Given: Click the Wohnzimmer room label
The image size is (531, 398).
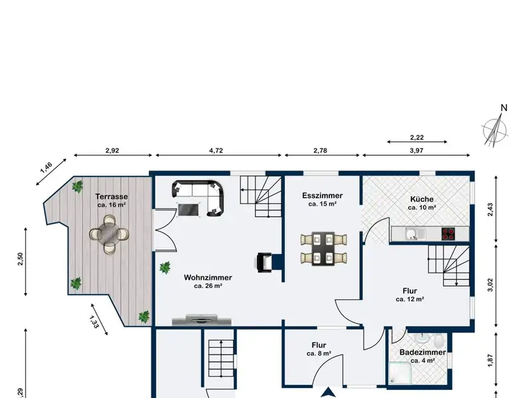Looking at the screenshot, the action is pyautogui.click(x=208, y=277).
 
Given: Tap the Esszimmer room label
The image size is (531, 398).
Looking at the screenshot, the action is pyautogui.click(x=323, y=196).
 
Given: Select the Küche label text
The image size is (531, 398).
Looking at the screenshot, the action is pyautogui.click(x=421, y=199).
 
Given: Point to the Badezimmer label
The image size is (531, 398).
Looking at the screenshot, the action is pyautogui.click(x=423, y=352).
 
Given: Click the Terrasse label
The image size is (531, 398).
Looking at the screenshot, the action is pyautogui.click(x=112, y=196).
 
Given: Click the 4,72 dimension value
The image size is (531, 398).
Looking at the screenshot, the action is pyautogui.click(x=216, y=151).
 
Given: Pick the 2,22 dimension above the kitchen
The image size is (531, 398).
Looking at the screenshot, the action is pyautogui.click(x=417, y=137).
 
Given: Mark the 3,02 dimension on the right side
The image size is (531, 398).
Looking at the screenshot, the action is pyautogui.click(x=491, y=285).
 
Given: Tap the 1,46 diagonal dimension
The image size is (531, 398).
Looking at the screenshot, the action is pyautogui.click(x=46, y=168).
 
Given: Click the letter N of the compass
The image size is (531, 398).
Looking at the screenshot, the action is pyautogui.click(x=504, y=108).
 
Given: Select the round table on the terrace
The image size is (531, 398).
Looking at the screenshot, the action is pyautogui.click(x=109, y=234).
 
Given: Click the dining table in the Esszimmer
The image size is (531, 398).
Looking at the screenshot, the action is pyautogui.click(x=323, y=249).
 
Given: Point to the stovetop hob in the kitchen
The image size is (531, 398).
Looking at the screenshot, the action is pyautogui.click(x=447, y=234).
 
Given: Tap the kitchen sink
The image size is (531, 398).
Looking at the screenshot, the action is pyautogui.click(x=412, y=234).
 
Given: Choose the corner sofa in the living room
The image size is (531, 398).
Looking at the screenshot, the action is pyautogui.click(x=198, y=198).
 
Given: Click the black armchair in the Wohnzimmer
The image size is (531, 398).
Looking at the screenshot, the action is pyautogui.click(x=264, y=262).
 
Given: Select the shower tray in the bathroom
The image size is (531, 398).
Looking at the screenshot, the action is pyautogui.click(x=400, y=373).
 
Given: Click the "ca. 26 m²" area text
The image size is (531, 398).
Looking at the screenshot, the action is pyautogui.click(x=208, y=286).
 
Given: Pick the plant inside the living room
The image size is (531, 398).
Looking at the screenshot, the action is pyautogui.click(x=165, y=268).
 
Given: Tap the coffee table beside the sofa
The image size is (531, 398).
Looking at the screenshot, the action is pyautogui.click(x=189, y=209).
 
